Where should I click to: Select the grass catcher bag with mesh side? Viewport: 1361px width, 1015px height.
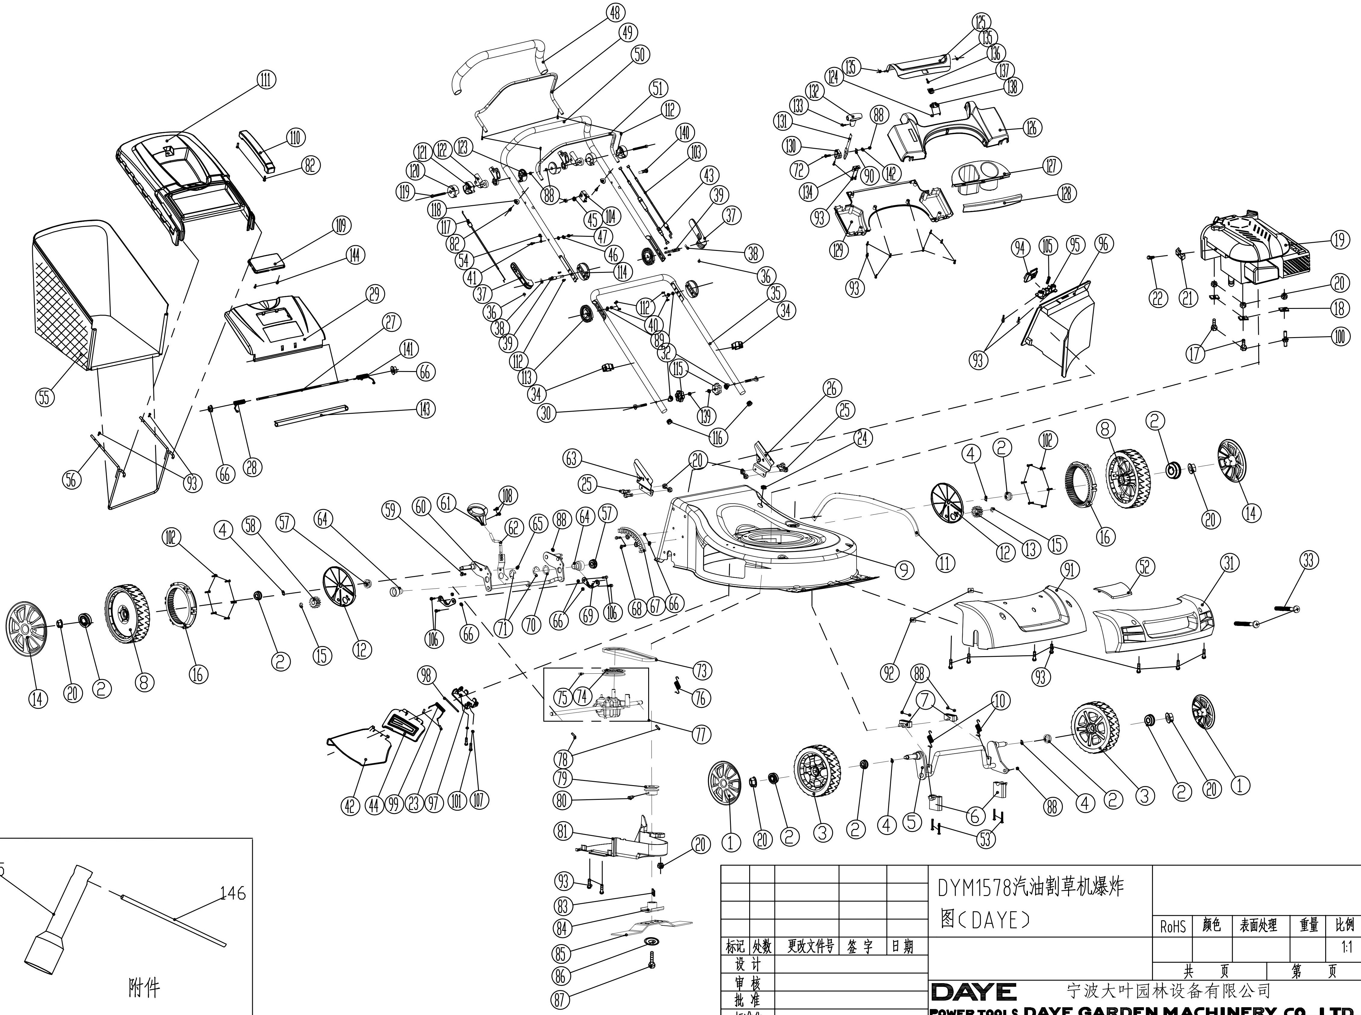click(x=92, y=295)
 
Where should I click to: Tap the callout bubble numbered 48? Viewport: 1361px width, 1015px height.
click(x=615, y=12)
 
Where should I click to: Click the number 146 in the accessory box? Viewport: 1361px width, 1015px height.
click(x=232, y=893)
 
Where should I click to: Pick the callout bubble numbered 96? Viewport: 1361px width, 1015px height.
click(x=1103, y=244)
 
